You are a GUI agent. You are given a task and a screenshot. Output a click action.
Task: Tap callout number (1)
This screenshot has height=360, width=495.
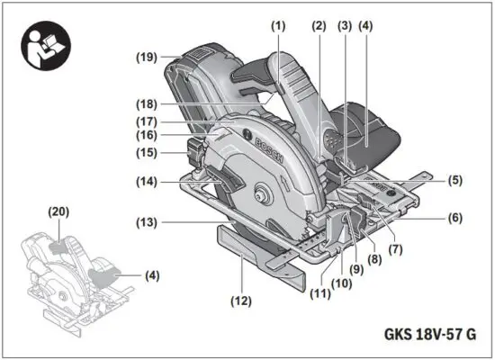coord(279,26)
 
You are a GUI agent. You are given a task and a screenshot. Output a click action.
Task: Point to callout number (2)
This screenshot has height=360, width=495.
coord(319,26)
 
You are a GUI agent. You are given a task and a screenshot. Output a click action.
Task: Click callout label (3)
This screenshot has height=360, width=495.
coord(346,26)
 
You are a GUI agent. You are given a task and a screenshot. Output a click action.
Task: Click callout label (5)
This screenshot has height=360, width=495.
coord(455,179)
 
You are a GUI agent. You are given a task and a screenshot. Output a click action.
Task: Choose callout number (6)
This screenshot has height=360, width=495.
coord(455,218)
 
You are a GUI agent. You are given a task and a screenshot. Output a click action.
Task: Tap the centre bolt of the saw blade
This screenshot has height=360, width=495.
coord(264,191)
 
